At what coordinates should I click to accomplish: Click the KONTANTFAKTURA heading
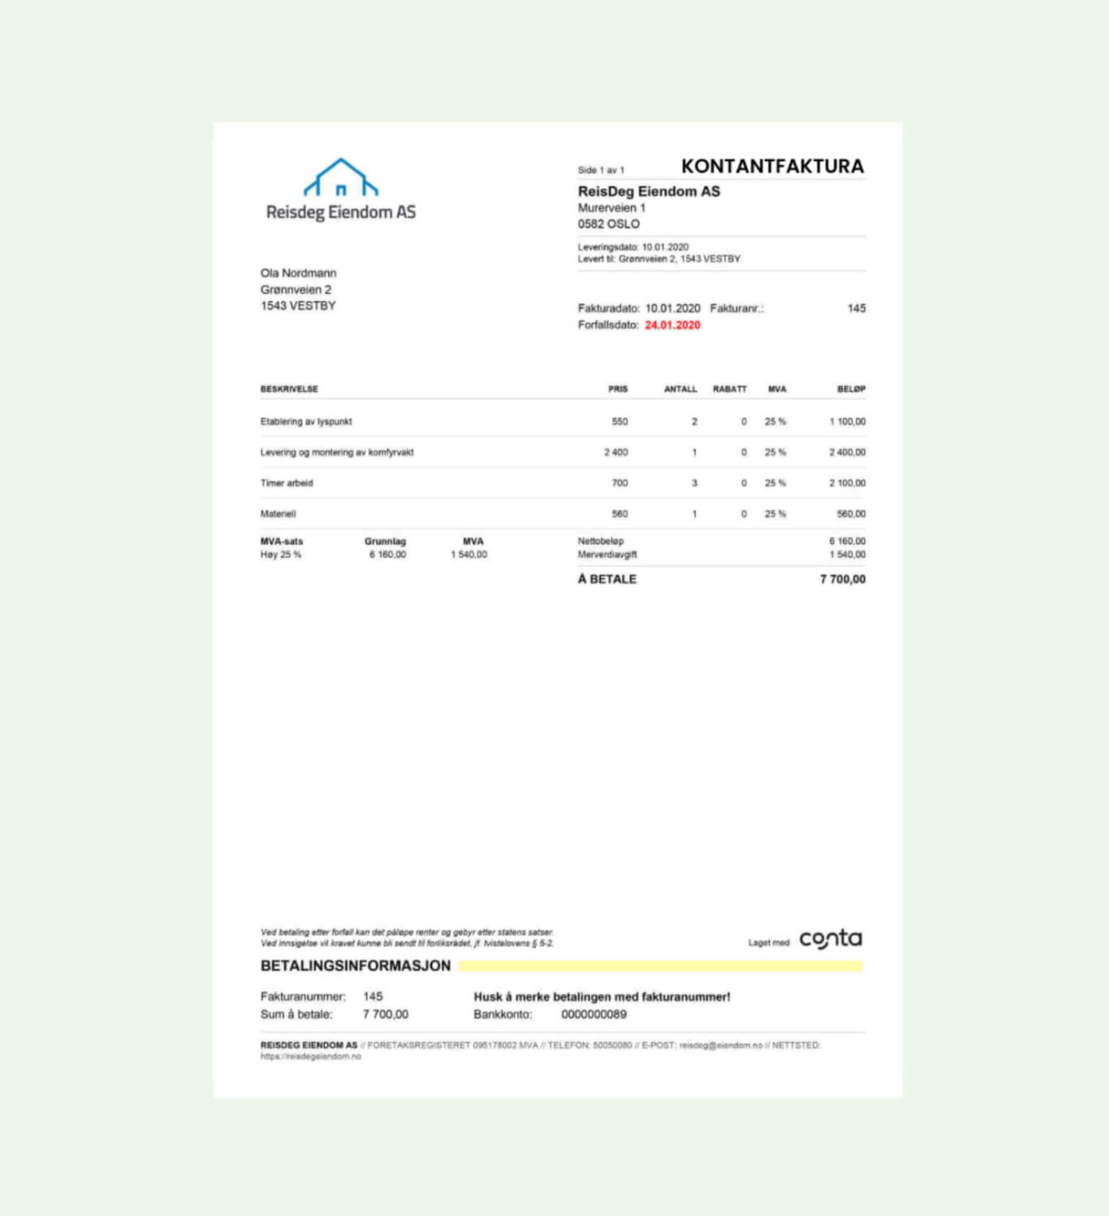click(x=772, y=166)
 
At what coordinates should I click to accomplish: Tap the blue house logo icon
click(x=341, y=178)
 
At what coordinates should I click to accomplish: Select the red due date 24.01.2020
click(x=673, y=325)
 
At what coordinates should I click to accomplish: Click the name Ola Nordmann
click(x=299, y=273)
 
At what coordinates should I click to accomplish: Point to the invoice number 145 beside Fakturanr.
click(x=856, y=308)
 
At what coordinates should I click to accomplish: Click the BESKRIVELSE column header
click(x=289, y=389)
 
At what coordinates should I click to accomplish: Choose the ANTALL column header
click(x=680, y=389)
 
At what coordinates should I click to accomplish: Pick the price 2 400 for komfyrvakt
click(x=616, y=452)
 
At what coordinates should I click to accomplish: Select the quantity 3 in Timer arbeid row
click(x=694, y=483)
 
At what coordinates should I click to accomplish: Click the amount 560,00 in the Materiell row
click(x=851, y=514)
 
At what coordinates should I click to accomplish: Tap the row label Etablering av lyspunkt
click(x=306, y=422)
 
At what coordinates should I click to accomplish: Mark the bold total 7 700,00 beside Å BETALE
click(x=842, y=579)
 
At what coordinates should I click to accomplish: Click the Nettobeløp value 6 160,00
click(x=847, y=541)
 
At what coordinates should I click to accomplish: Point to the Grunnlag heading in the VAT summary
click(x=385, y=541)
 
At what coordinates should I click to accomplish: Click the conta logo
click(x=831, y=939)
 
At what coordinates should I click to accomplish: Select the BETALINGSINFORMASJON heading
click(x=355, y=965)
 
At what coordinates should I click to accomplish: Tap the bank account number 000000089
click(x=594, y=1014)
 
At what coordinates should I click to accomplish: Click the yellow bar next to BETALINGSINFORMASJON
click(x=660, y=966)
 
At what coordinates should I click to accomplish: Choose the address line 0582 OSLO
click(x=609, y=224)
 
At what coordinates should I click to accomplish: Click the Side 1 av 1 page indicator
click(x=601, y=170)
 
